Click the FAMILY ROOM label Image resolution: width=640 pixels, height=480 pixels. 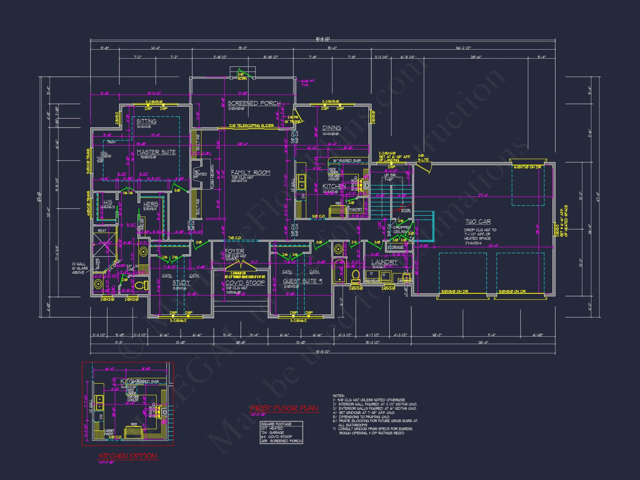(x=251, y=173)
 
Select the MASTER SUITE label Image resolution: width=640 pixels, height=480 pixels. (x=156, y=152)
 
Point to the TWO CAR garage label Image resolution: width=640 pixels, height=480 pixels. (x=478, y=222)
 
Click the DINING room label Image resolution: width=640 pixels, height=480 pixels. (x=332, y=128)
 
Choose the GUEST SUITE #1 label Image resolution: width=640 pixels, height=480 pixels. (x=302, y=281)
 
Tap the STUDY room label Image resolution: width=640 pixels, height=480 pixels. (x=181, y=282)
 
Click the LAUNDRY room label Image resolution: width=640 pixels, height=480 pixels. (x=384, y=262)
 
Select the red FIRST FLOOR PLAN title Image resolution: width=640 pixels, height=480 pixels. (x=284, y=408)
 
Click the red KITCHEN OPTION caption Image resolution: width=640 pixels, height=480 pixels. (x=128, y=456)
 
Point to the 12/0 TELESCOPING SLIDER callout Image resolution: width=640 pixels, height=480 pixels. (x=251, y=126)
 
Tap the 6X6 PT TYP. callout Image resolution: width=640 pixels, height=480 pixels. (x=307, y=83)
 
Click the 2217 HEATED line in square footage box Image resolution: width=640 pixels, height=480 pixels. (x=272, y=428)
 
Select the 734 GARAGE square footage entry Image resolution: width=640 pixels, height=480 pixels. (x=272, y=432)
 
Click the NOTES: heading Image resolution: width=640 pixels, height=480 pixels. (x=338, y=396)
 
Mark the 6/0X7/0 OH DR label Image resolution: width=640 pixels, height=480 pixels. (x=527, y=167)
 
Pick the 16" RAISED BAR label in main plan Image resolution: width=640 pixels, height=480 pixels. (x=347, y=161)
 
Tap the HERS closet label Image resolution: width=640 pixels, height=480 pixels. (x=151, y=204)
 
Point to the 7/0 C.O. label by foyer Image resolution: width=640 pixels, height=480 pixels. (x=235, y=238)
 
